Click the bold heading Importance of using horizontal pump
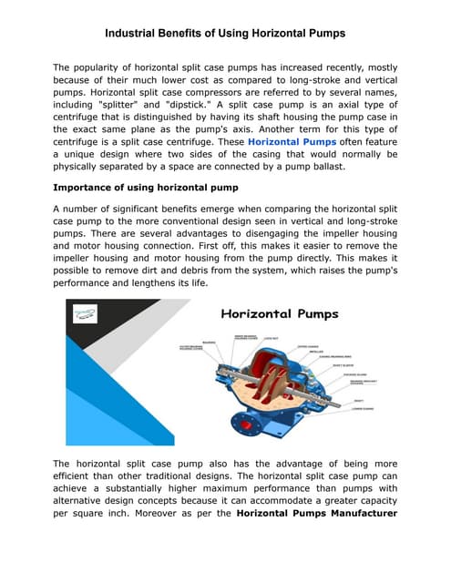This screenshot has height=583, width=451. click(145, 188)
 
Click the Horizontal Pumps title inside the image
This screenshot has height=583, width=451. click(279, 314)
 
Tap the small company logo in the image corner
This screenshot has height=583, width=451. click(87, 312)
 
